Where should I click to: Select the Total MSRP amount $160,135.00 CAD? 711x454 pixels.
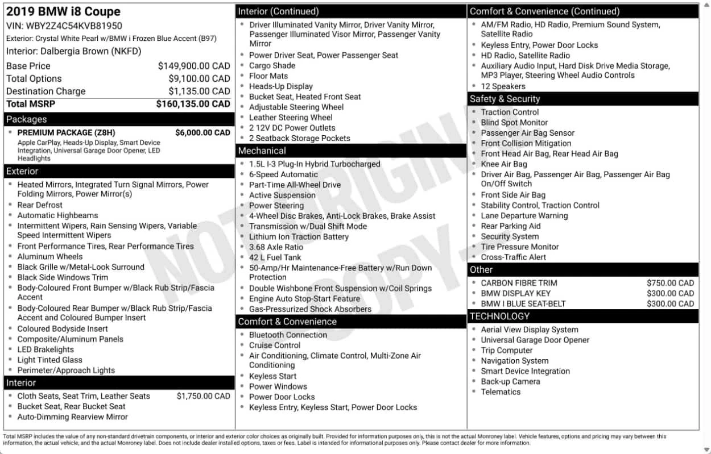[193, 104]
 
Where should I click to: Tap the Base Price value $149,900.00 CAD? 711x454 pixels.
[193, 66]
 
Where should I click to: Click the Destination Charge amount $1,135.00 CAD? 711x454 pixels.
[199, 91]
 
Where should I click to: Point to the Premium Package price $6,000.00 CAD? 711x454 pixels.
[202, 132]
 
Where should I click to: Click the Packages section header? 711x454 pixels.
[26, 119]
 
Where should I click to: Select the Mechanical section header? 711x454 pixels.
[262, 151]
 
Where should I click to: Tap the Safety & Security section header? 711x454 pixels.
[505, 99]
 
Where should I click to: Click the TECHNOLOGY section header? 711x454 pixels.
[499, 316]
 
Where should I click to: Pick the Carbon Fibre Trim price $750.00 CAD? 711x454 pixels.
[670, 283]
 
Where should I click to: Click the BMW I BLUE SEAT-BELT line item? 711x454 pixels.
[523, 303]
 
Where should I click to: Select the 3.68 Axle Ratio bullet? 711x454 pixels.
[276, 247]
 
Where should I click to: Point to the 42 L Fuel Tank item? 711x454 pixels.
[275, 257]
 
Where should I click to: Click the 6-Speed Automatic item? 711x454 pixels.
[283, 174]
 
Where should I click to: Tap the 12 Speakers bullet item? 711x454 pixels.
[503, 86]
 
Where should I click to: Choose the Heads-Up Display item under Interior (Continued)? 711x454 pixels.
[280, 86]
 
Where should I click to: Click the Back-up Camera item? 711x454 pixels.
[510, 381]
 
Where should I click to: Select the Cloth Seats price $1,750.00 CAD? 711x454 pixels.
[203, 396]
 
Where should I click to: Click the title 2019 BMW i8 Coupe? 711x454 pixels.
[63, 11]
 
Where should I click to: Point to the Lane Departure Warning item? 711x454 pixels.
[524, 216]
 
